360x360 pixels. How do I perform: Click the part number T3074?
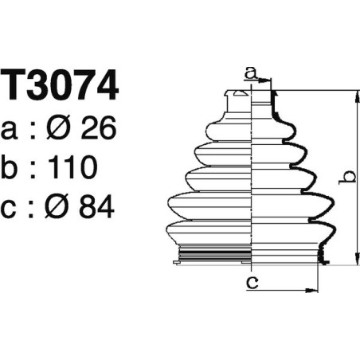tap(60, 87)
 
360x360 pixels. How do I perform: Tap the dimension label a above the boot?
tap(250, 73)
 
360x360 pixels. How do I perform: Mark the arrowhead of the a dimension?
tap(268, 80)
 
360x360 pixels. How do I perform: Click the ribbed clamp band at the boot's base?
tap(210, 256)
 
